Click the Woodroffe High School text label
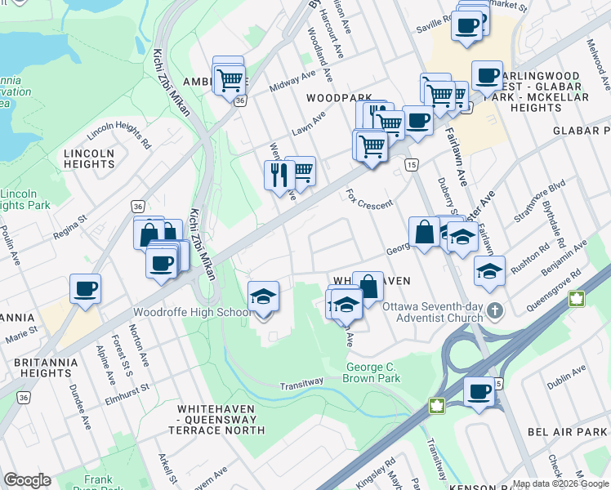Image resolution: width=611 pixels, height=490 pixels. click(x=186, y=313)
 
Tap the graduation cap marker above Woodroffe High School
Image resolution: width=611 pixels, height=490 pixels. click(x=264, y=296)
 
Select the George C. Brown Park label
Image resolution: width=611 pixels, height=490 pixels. click(x=373, y=373)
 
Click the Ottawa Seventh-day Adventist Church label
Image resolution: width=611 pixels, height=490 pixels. click(x=438, y=310)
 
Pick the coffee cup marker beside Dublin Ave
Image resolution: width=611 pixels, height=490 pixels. click(x=479, y=391)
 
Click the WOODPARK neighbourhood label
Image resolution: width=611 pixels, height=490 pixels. click(x=334, y=97)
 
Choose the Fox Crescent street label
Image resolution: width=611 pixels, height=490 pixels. click(x=369, y=199)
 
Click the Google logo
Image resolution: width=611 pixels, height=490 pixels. click(x=28, y=480)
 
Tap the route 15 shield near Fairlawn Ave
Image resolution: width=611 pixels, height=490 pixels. click(x=411, y=166)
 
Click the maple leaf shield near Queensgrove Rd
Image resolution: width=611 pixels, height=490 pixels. click(x=578, y=299)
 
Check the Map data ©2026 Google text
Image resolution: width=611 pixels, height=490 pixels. click(x=560, y=483)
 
